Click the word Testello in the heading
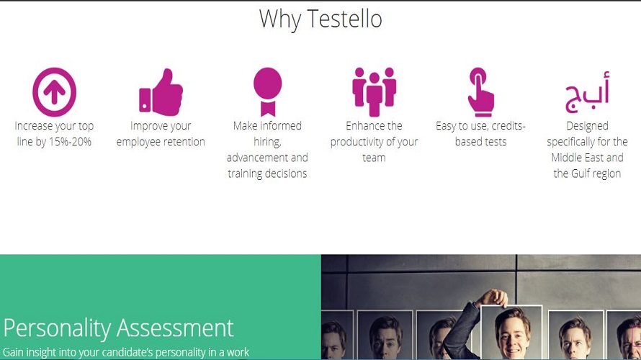(x=341, y=19)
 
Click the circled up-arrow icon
(x=54, y=92)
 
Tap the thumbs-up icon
(x=161, y=93)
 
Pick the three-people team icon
(x=374, y=91)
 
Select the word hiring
(x=267, y=142)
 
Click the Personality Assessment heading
(x=119, y=328)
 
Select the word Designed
(x=587, y=126)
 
